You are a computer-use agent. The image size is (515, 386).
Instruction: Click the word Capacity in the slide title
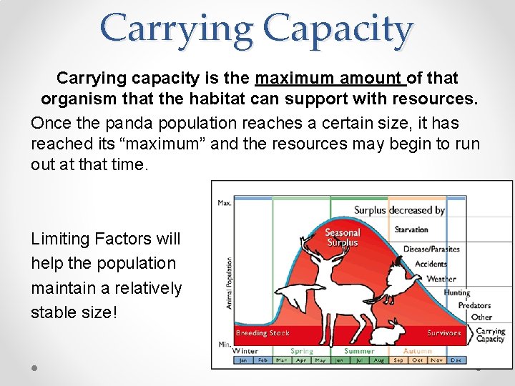click(x=338, y=30)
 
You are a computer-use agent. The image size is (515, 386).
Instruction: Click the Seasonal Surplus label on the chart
click(x=343, y=237)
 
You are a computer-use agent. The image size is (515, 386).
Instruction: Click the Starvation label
click(x=411, y=229)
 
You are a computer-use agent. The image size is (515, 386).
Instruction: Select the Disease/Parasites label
click(x=431, y=249)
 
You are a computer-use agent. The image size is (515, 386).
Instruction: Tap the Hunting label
click(x=456, y=292)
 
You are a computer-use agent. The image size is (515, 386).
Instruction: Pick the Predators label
click(x=474, y=305)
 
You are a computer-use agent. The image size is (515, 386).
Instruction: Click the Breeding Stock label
click(x=263, y=333)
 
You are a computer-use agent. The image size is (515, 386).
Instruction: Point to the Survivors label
click(x=443, y=333)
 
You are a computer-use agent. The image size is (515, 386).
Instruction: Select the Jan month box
click(x=243, y=360)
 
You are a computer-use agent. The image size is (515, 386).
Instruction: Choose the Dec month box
click(x=456, y=360)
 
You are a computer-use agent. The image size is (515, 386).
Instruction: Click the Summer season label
click(x=359, y=351)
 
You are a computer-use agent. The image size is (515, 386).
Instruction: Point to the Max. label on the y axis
click(x=225, y=203)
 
